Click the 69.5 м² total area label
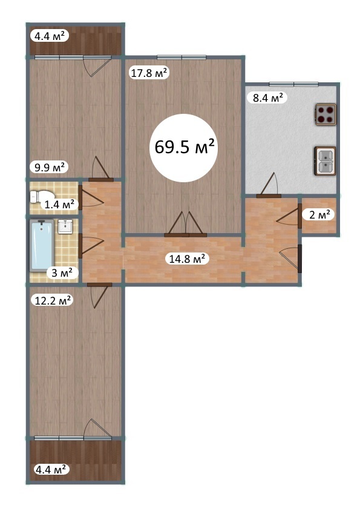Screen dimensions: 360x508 coord(184,147)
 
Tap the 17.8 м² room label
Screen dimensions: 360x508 coord(149,73)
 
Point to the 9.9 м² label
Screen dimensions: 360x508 coord(50,167)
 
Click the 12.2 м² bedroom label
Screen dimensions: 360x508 coord(53,300)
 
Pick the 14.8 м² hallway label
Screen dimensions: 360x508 coord(187,259)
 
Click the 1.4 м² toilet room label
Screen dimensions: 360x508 coord(59,204)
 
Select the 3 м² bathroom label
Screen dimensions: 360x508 coord(62,273)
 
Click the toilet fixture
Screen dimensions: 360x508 coord(41,197)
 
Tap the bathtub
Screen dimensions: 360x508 coord(42,246)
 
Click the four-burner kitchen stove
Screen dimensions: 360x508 coord(326,114)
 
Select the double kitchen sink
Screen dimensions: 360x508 coord(325,161)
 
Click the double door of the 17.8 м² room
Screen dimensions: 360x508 coord(186,225)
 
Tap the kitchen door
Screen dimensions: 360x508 coord(269,185)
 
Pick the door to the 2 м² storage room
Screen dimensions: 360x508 coord(289,217)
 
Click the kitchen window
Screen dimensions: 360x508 coord(294,84)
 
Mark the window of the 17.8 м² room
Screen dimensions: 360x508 coord(182,58)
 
